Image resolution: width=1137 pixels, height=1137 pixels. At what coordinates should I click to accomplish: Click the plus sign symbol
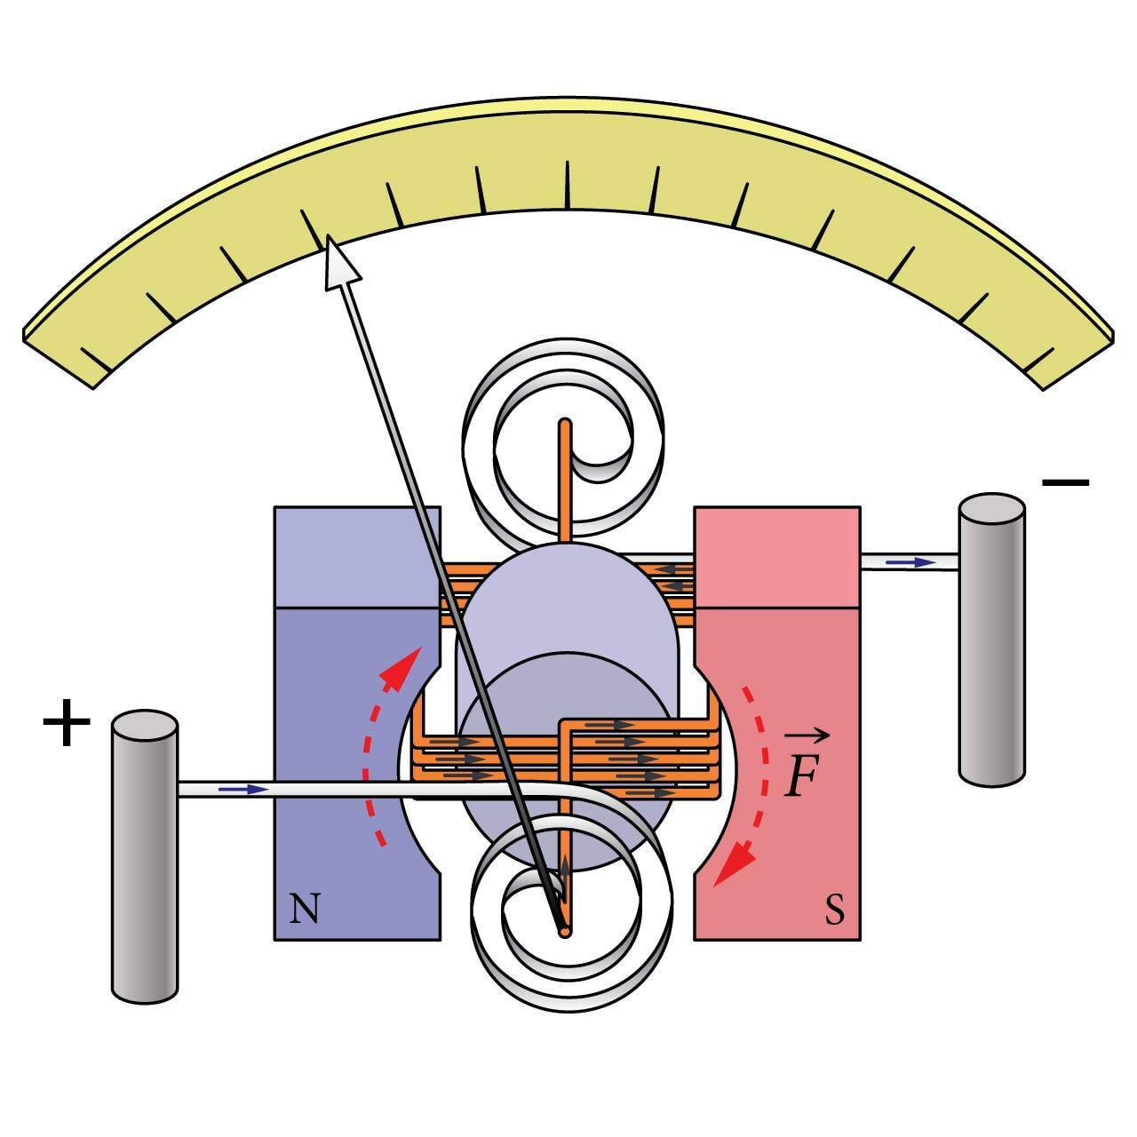pos(67,724)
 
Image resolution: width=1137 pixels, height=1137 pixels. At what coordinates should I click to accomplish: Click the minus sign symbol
pos(1065,482)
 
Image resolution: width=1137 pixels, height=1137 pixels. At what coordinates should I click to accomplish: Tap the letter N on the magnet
pos(305,909)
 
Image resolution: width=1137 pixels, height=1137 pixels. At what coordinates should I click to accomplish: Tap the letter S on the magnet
pos(834,909)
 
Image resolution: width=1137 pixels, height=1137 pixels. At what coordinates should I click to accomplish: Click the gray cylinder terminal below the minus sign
pos(991,640)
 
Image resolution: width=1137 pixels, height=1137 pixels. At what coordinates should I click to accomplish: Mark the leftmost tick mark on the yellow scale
pos(96,361)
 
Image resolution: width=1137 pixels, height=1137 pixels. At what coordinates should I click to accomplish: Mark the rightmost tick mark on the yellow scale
pos(1039,361)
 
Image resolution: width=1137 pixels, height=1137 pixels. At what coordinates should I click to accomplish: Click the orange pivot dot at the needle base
pos(563,931)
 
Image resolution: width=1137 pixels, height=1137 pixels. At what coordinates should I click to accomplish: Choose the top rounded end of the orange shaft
pos(564,425)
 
